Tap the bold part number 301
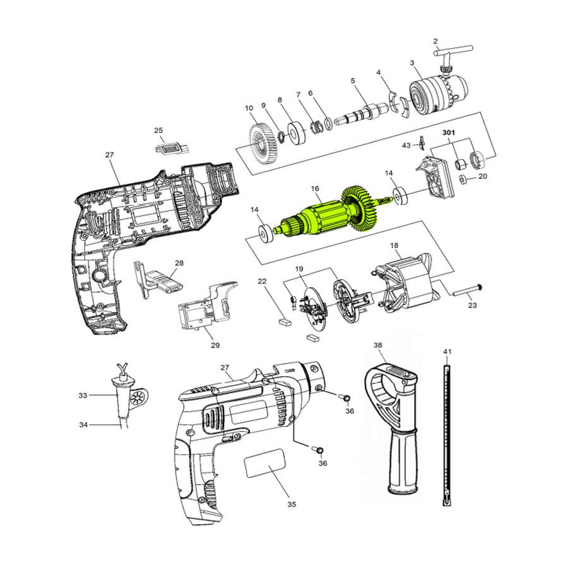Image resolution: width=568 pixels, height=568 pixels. tap(449, 133)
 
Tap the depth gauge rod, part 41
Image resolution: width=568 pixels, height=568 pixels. tap(447, 435)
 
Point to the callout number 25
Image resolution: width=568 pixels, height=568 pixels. tap(158, 130)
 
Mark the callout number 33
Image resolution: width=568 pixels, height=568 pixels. tap(83, 396)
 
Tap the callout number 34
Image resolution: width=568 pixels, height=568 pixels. tap(83, 425)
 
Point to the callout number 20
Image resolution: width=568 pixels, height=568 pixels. tap(483, 177)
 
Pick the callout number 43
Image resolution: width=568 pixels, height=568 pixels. tap(406, 145)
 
